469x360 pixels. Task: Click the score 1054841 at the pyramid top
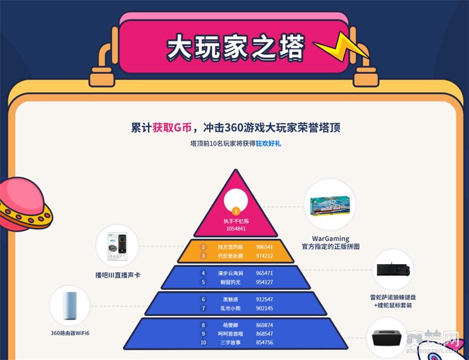(236, 228)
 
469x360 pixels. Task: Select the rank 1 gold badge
(236, 210)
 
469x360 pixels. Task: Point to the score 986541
(264, 247)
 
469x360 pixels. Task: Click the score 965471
(264, 273)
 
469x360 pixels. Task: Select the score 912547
(264, 299)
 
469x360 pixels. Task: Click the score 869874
(264, 325)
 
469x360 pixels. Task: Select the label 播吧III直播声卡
(118, 275)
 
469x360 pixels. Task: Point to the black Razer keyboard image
(394, 270)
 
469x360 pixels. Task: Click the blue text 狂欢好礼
(268, 144)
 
